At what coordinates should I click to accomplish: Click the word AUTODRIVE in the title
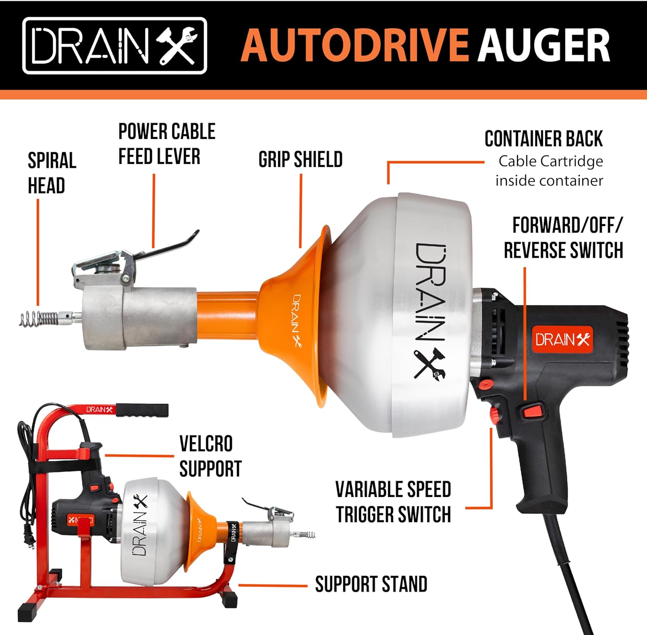point(354,45)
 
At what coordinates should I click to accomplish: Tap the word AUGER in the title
point(544,45)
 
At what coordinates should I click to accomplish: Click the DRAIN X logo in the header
point(115,46)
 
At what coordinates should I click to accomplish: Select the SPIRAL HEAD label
point(52,173)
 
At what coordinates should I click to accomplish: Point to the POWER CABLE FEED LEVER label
point(167,144)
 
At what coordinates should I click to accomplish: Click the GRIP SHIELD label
point(301,160)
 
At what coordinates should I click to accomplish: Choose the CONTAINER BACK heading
point(543,139)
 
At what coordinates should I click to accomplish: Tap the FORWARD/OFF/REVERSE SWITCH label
point(564,238)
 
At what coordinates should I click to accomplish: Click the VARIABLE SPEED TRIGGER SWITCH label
point(393,502)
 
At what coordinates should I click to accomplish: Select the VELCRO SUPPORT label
point(210,456)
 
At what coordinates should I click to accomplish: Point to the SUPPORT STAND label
point(371,585)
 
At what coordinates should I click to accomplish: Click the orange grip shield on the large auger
point(298,315)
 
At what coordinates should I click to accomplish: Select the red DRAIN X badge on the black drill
point(562,340)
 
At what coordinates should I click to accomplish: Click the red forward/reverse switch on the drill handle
point(533,411)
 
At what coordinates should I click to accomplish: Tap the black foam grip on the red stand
point(142,410)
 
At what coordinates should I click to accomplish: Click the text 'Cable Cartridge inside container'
point(549,171)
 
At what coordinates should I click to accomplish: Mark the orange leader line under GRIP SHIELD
point(301,211)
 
